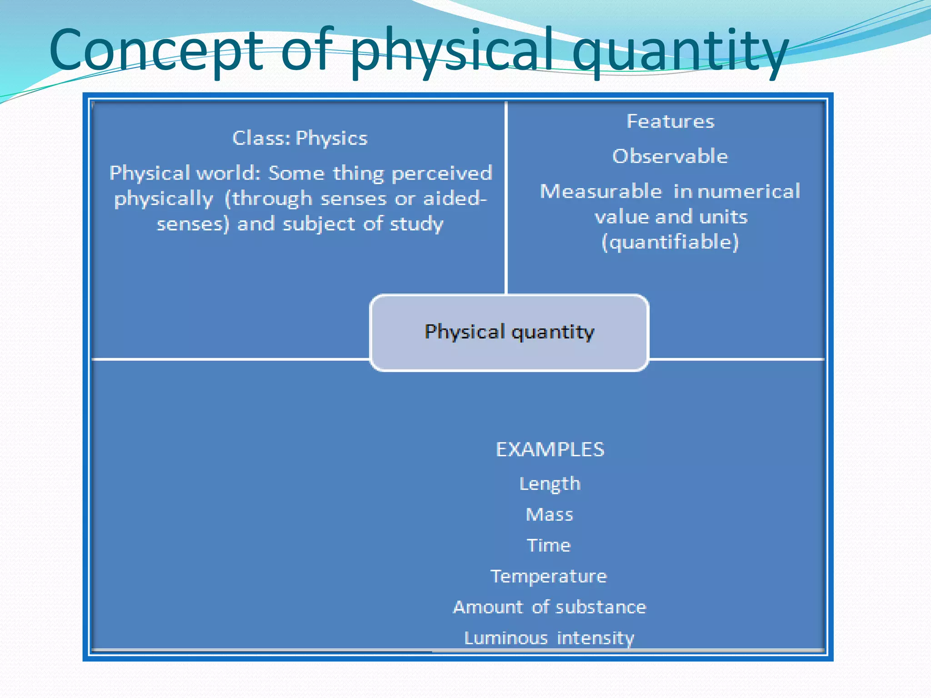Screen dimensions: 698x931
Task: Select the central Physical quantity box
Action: click(x=509, y=333)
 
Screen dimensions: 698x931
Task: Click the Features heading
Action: click(x=671, y=121)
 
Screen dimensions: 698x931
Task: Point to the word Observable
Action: click(x=670, y=156)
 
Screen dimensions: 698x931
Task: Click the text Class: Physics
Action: click(x=300, y=138)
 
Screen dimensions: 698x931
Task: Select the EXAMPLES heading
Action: click(x=550, y=449)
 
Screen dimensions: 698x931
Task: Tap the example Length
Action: click(x=550, y=484)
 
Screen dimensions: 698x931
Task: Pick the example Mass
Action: click(x=550, y=515)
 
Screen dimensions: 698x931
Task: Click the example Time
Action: click(x=549, y=545)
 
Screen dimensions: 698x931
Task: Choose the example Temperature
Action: click(x=549, y=576)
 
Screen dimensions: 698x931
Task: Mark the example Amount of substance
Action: click(x=550, y=607)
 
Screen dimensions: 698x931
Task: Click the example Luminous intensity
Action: click(x=549, y=638)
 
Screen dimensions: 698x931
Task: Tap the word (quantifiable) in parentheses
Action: click(x=670, y=242)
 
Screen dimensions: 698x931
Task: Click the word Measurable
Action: click(x=601, y=191)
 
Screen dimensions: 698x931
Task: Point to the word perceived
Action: click(x=442, y=173)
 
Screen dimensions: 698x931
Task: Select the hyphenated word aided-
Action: click(x=455, y=199)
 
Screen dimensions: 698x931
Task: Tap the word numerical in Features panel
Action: click(x=749, y=191)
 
